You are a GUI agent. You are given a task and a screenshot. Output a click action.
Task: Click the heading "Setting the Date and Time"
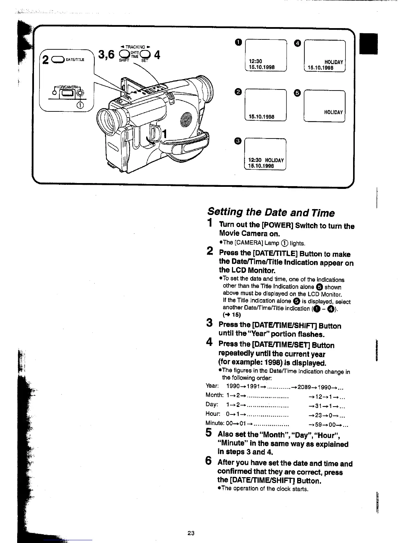(271, 212)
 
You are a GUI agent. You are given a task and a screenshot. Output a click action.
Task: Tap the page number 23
(191, 533)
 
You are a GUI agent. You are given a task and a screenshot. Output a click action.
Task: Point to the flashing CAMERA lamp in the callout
(80, 93)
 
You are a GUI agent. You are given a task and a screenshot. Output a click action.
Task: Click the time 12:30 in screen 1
(255, 62)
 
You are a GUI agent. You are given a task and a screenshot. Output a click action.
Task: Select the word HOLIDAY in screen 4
(334, 62)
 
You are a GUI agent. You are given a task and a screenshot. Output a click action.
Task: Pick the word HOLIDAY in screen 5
(334, 112)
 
